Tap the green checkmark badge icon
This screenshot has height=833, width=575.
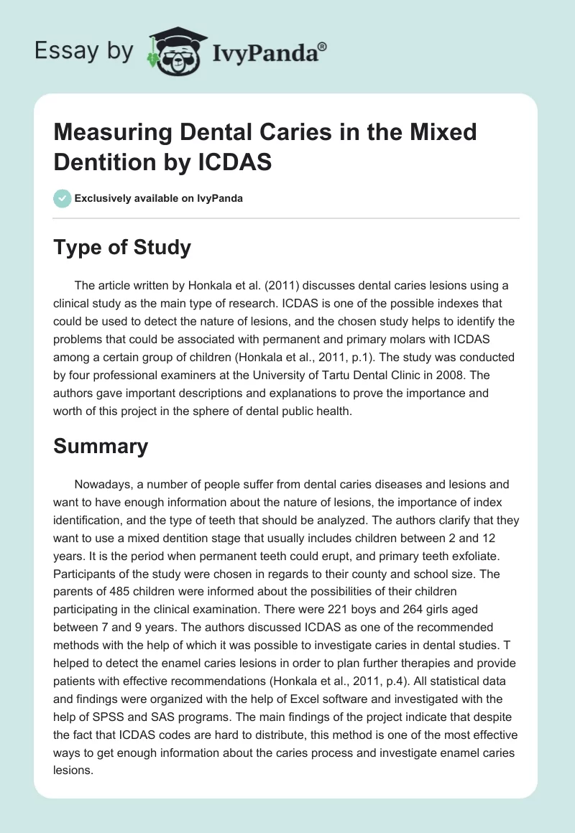(63, 198)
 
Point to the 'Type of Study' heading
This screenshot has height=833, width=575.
(122, 248)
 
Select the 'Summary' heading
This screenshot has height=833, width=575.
(101, 446)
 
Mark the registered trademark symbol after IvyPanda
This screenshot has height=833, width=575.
(323, 46)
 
